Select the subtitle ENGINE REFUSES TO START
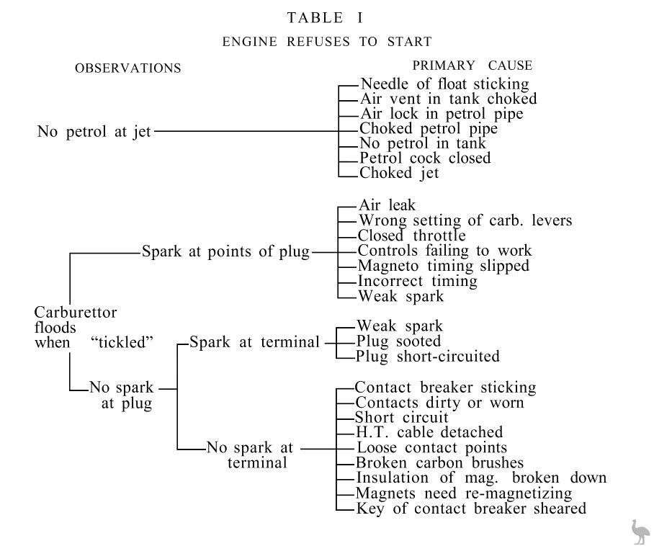coord(327,41)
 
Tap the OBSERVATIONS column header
coord(127,68)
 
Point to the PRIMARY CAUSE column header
coord(472,66)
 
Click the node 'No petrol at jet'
coord(94,132)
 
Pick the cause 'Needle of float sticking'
coord(444,84)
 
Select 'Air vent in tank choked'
coord(448,99)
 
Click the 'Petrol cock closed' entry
coord(425,158)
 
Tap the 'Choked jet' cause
coord(399,173)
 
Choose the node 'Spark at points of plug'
coord(225,252)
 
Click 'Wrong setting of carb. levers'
coord(465,220)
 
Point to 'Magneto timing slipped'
coord(443,266)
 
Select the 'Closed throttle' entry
coord(411,236)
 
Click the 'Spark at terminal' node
coord(254,342)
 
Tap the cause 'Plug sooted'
coord(398,341)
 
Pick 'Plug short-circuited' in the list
coord(427,357)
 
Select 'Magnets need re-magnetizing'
coord(464,493)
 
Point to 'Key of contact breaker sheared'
coord(471,509)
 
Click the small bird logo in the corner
coord(639,531)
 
